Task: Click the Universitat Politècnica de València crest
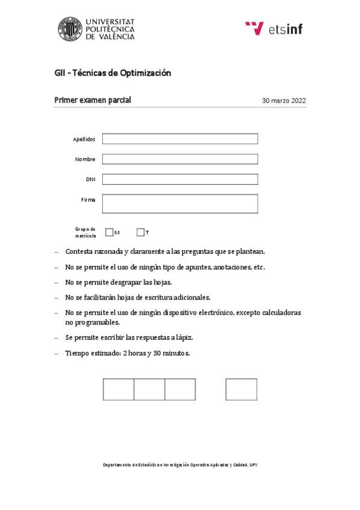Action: coord(69,29)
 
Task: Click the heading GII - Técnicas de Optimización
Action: coord(113,73)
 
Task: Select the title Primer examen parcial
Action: coord(93,100)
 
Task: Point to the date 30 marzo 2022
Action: coord(284,101)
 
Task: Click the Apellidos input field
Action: coord(180,139)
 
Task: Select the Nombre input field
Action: coord(180,159)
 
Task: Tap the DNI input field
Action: coord(180,179)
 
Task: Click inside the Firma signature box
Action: coord(180,203)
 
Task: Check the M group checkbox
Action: coord(109,232)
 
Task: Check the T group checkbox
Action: coord(141,232)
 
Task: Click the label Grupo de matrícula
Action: coord(85,232)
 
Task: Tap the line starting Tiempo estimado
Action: coord(127,353)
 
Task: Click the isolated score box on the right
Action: coord(241,389)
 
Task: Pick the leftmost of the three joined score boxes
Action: coord(118,389)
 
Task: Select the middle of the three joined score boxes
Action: coord(149,389)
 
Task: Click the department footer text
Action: coord(180,465)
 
